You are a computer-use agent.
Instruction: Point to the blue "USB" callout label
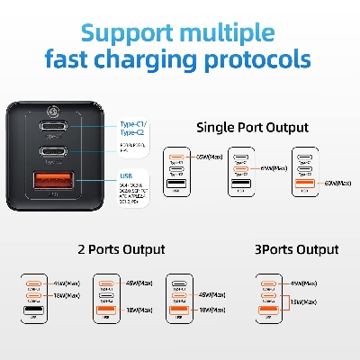[126, 177]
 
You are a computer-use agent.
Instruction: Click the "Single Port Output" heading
[251, 128]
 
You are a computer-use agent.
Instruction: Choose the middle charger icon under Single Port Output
[238, 174]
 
